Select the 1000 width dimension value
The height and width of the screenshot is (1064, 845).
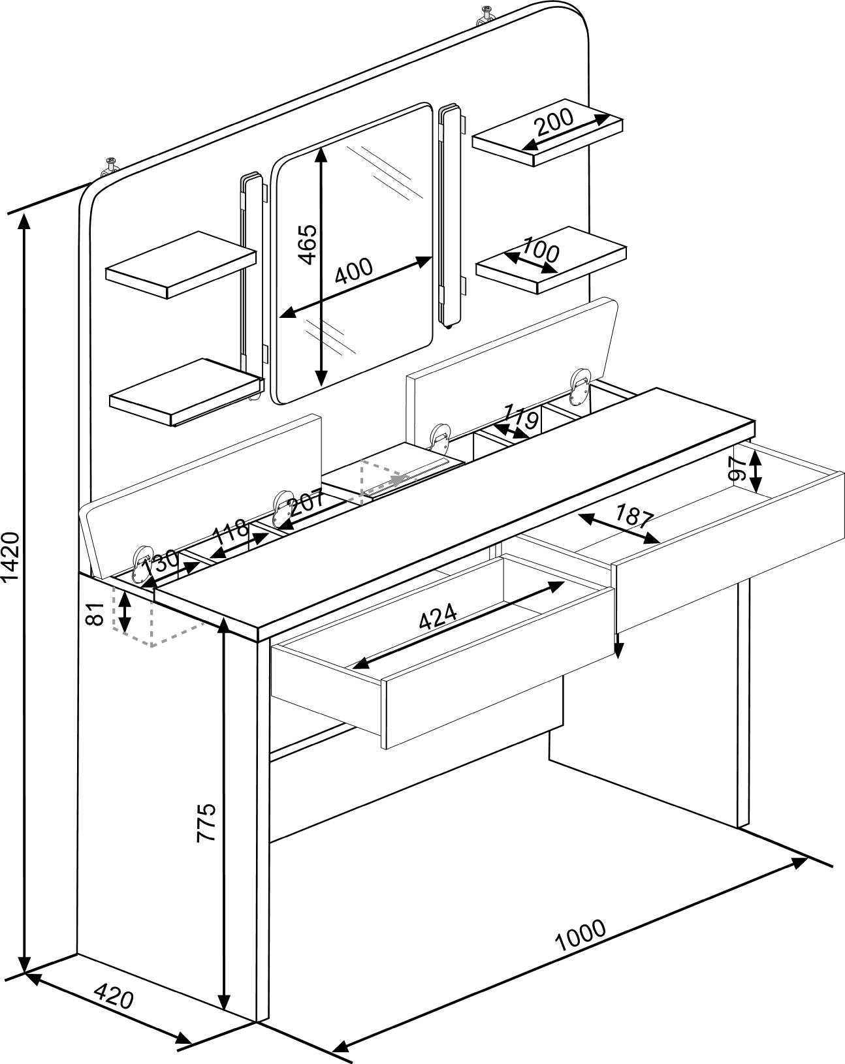click(x=581, y=935)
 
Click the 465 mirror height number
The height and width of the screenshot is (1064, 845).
click(x=308, y=244)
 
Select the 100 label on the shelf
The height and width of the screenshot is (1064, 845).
click(x=541, y=251)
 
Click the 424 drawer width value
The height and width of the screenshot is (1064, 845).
click(x=437, y=618)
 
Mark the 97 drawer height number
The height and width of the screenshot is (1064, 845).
click(x=737, y=468)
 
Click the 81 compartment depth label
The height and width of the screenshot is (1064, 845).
click(x=97, y=614)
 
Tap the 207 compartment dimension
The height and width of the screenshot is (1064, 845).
click(x=306, y=503)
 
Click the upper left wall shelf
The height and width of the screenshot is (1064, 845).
click(x=180, y=264)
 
